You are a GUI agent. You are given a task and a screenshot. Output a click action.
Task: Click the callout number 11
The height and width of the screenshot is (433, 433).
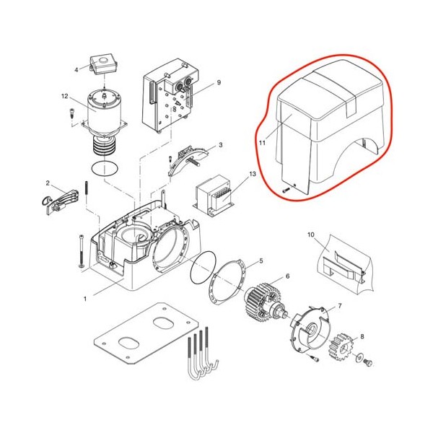(262, 142)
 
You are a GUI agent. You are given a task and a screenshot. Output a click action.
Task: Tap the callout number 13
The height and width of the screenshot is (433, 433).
(253, 174)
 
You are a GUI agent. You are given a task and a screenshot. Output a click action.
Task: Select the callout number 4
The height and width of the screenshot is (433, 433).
(76, 69)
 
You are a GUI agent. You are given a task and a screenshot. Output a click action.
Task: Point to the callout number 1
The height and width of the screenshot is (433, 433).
(85, 299)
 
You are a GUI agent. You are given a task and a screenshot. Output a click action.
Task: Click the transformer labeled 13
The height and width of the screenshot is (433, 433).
(214, 196)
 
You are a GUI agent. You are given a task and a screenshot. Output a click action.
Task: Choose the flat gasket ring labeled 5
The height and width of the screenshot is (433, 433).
(227, 281)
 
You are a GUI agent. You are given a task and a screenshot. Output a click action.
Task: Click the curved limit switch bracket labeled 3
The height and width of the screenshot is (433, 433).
(188, 159)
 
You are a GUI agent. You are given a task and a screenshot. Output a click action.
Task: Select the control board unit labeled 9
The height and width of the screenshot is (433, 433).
(170, 95)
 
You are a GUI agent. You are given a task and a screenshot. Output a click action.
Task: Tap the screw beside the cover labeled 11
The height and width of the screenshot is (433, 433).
(286, 190)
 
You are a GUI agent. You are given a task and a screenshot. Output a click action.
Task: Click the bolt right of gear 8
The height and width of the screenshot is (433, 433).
(367, 362)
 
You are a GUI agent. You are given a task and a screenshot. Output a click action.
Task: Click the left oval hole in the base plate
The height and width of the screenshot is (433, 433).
(128, 343)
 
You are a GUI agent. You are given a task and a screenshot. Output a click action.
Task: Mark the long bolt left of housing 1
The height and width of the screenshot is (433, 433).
(82, 250)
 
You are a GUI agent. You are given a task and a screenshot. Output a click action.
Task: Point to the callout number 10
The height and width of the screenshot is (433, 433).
(310, 235)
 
